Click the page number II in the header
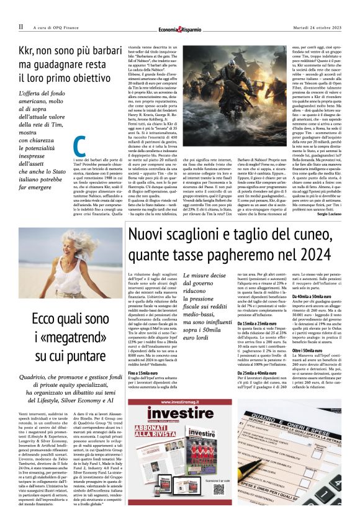[20, 27]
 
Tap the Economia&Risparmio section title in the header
[180, 27]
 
